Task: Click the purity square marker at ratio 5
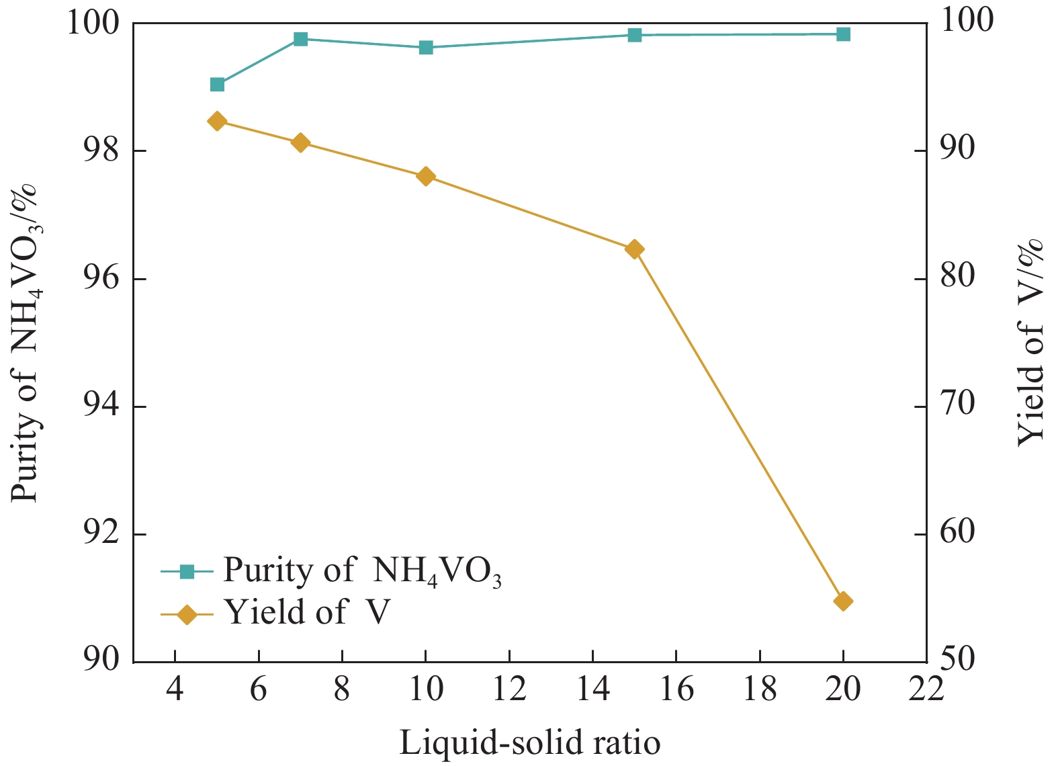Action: point(217,85)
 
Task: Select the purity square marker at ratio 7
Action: point(300,39)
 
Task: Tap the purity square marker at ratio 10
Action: point(426,48)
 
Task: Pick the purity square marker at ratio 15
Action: point(635,35)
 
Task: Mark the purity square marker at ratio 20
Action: point(844,34)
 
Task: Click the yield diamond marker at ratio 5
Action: point(217,121)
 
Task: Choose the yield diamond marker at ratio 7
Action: point(300,142)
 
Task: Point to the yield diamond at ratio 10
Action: point(426,177)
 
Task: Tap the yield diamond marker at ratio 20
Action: point(844,601)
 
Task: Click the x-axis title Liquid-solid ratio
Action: point(530,743)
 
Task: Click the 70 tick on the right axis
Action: point(957,405)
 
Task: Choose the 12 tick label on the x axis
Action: point(509,689)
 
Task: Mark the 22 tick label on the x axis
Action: point(926,689)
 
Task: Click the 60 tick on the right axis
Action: point(957,532)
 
